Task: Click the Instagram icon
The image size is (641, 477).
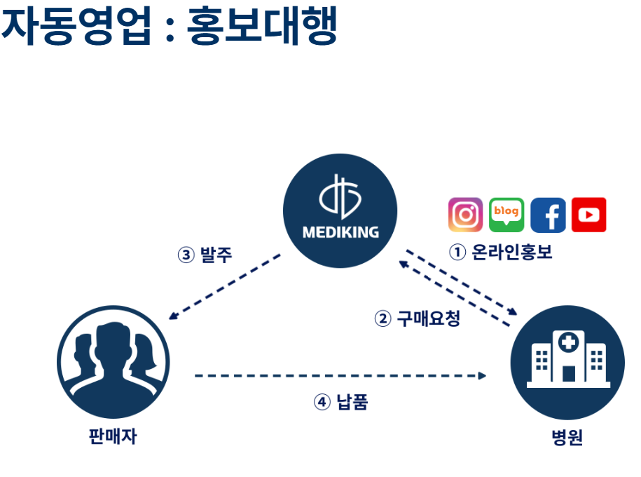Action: click(466, 215)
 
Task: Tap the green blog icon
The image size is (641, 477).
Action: click(506, 215)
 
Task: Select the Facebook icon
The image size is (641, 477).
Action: click(548, 215)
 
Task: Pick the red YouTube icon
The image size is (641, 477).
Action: click(588, 215)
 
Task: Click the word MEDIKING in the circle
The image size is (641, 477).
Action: click(340, 232)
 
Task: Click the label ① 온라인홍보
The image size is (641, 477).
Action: click(501, 253)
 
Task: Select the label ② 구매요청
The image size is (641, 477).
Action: click(418, 319)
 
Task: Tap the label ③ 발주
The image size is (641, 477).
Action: click(205, 255)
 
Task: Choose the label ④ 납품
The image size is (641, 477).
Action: click(340, 402)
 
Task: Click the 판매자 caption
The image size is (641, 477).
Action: click(113, 436)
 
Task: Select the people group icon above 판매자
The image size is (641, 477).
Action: click(113, 358)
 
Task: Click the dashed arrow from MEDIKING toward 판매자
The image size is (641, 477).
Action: click(224, 286)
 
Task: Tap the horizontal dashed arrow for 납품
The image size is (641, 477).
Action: click(340, 376)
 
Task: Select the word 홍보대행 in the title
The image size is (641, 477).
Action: click(262, 27)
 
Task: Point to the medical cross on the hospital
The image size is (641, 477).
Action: click(568, 343)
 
